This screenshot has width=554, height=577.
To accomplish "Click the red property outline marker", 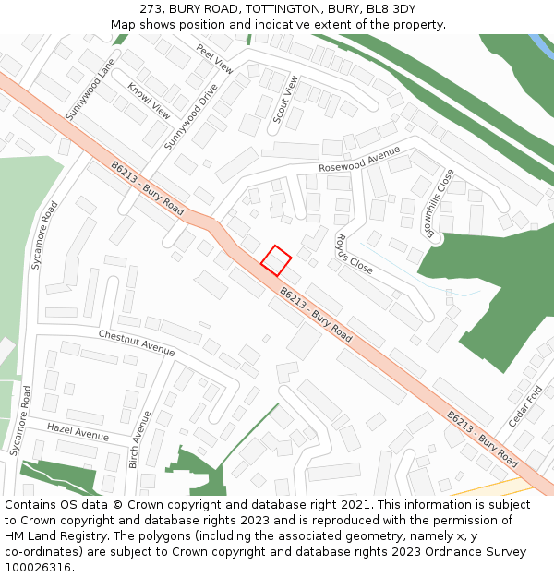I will (x=275, y=260).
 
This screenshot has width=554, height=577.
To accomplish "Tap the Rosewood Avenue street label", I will (x=359, y=160).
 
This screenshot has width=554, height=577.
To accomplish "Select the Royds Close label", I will (x=354, y=255).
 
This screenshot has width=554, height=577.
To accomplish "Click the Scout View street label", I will (x=284, y=100).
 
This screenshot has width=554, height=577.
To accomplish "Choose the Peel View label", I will (x=215, y=57).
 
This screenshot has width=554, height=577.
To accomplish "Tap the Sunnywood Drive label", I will (x=190, y=117).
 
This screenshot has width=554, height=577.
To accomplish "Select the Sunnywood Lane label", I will (x=90, y=90).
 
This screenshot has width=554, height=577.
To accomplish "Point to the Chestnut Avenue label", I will (x=136, y=343).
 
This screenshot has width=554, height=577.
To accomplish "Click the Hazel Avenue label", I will (x=78, y=432).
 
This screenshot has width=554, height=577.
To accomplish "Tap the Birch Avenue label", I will (x=140, y=439).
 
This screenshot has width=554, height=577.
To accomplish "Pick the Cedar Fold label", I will (x=524, y=407).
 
